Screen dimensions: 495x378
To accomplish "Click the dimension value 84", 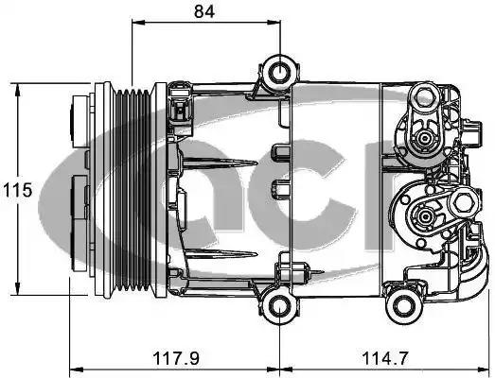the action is click(204, 11).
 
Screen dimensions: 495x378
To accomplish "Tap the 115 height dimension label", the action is click(18, 190).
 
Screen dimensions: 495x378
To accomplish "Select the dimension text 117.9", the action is click(176, 358).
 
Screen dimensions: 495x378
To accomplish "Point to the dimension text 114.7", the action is click(385, 358).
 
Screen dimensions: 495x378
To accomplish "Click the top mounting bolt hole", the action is click(280, 72).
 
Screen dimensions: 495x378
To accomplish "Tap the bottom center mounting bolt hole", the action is click(280, 307).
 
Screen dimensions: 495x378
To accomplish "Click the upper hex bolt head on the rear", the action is click(422, 95).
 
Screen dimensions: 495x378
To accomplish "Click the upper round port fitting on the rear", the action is click(423, 138).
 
